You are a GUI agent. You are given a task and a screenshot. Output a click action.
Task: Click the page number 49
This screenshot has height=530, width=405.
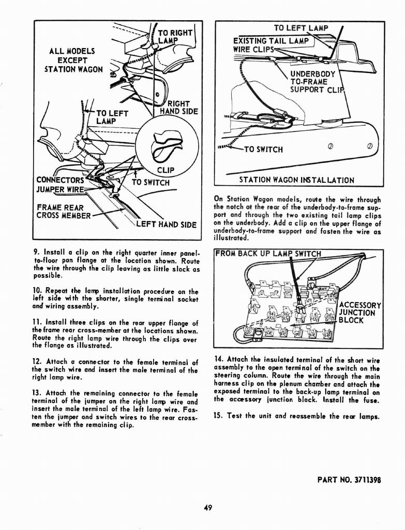point(208,508)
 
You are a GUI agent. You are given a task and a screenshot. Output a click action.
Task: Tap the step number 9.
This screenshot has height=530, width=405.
point(36,254)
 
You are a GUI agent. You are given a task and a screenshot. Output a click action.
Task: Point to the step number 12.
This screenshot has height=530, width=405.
point(37,362)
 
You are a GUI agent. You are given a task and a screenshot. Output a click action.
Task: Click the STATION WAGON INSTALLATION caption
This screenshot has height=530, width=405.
point(296,180)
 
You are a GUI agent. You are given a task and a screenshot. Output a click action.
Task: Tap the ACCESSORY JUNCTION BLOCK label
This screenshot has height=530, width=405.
point(359,313)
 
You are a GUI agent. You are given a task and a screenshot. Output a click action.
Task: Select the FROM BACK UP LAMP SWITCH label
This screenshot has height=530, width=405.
point(269,254)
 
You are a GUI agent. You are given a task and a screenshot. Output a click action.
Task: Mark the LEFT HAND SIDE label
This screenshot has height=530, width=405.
point(166,225)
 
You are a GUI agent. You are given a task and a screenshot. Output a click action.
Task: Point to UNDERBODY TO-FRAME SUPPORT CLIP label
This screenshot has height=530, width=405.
point(313,81)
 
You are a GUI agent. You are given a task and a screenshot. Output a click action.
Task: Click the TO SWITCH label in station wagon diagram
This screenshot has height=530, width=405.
point(263,150)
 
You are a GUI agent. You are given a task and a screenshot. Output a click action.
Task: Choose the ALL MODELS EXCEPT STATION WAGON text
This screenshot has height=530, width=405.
point(72,60)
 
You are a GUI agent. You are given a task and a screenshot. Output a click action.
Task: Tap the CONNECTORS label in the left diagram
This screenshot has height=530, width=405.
point(59,180)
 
